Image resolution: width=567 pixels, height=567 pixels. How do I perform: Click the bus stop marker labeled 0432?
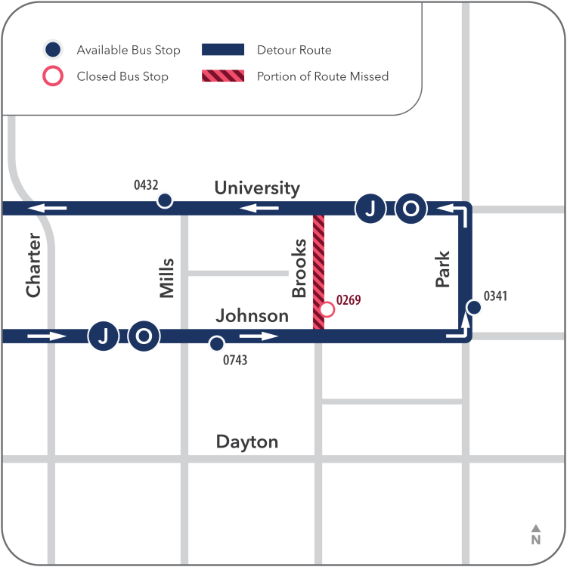tap(164, 201)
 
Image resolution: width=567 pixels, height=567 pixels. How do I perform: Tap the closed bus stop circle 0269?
tap(327, 309)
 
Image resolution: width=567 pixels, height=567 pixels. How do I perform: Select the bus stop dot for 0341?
tap(474, 307)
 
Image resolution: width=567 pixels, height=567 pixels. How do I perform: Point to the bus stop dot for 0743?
tap(216, 343)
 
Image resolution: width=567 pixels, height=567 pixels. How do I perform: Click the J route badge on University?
tap(370, 209)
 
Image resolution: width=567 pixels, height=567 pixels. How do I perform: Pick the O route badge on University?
tap(411, 209)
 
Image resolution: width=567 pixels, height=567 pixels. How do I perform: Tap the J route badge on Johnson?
tap(104, 336)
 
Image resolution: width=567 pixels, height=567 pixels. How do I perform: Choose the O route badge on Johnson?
tap(144, 336)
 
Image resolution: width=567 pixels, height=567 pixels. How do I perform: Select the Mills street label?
tap(167, 278)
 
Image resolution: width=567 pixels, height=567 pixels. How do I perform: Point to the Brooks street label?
tap(299, 268)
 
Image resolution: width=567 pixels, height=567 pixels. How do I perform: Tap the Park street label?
tap(443, 270)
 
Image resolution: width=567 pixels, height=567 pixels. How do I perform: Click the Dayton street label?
tap(247, 442)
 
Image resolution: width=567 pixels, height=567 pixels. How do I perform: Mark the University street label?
tap(257, 187)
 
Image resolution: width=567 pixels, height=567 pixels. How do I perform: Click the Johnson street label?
tap(253, 315)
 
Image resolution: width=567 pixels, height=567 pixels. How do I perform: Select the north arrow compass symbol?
tap(535, 534)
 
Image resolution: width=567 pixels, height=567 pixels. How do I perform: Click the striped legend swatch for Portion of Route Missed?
tap(223, 76)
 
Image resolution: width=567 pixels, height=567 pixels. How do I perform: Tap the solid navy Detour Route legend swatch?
tap(223, 50)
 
